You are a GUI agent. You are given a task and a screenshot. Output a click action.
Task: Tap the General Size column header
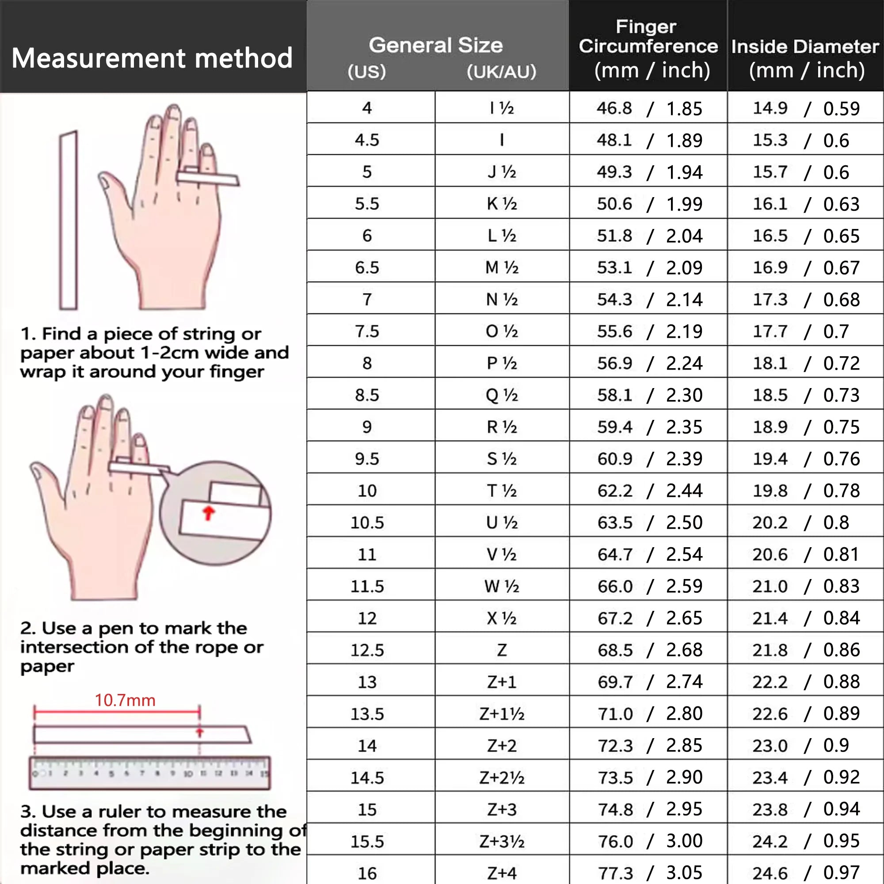(x=436, y=45)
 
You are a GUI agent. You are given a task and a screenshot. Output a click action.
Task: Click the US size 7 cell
(x=367, y=300)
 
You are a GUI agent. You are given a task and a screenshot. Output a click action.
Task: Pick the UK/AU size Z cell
(x=502, y=650)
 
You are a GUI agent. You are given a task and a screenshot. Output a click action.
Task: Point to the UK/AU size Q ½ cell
(x=502, y=395)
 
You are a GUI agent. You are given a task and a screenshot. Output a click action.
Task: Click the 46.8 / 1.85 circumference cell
(x=649, y=108)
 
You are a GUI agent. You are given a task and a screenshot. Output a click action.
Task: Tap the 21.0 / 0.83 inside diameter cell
(x=806, y=587)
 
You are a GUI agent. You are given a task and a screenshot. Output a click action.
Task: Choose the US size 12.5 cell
(x=367, y=650)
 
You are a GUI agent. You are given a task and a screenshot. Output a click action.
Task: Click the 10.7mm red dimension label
(x=125, y=701)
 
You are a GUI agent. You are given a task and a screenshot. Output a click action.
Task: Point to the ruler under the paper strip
(x=150, y=773)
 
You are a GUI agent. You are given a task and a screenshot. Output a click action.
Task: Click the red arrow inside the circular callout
(x=209, y=513)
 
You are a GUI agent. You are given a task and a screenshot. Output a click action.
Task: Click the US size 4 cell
(x=367, y=108)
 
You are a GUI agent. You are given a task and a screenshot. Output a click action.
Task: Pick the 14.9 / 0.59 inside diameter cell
(x=806, y=108)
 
